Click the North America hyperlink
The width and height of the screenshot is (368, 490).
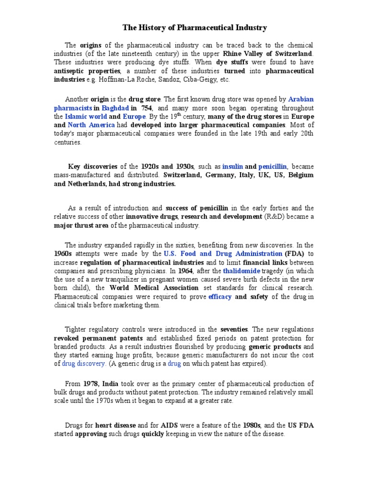(x=91, y=125)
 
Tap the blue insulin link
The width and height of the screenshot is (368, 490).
(x=232, y=167)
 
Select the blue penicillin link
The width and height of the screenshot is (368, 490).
(x=273, y=167)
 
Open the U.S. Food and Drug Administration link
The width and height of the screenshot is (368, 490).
(x=223, y=254)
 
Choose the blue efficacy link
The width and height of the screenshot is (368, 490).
(x=220, y=297)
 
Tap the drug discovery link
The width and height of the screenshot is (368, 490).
(x=84, y=364)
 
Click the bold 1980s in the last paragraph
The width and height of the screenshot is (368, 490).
(x=252, y=425)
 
